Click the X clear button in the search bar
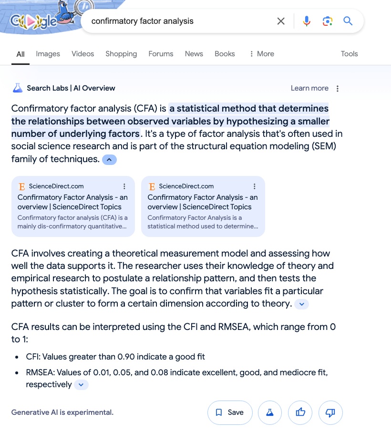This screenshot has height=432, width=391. click(281, 21)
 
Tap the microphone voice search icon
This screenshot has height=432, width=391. click(307, 21)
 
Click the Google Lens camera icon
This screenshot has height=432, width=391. click(327, 21)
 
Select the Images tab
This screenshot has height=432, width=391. click(48, 54)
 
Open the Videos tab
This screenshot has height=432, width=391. click(83, 54)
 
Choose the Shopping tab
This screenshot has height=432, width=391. click(121, 54)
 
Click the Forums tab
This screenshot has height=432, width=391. click(161, 54)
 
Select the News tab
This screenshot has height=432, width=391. click(194, 54)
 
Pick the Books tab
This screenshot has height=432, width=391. click(225, 54)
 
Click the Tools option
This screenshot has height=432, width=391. click(349, 54)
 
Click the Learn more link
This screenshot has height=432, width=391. click(309, 88)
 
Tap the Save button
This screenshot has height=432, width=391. click(230, 412)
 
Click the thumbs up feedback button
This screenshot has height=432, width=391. click(300, 412)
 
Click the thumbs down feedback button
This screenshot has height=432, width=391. click(330, 412)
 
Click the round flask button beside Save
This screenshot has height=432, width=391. click(270, 412)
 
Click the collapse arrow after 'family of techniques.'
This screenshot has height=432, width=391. click(109, 160)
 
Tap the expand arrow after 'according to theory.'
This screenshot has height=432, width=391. click(302, 304)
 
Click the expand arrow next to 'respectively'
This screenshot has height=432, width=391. click(81, 385)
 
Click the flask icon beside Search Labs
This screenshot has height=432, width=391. click(18, 88)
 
